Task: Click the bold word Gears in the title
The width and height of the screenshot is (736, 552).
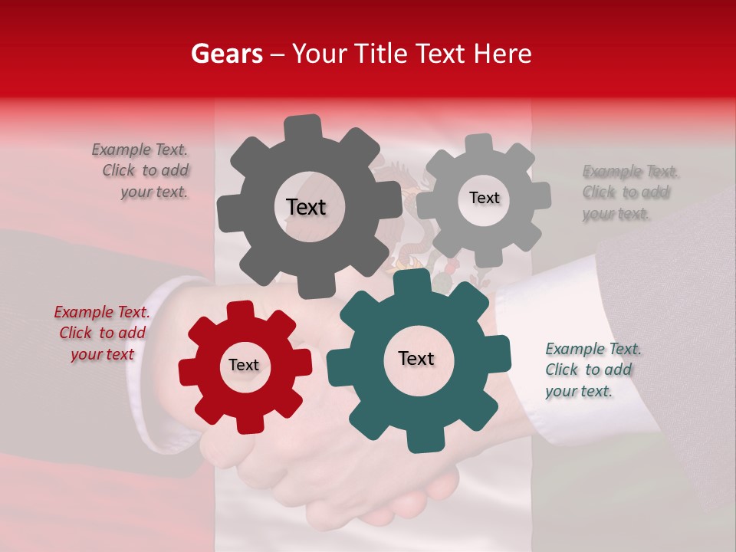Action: click(x=226, y=54)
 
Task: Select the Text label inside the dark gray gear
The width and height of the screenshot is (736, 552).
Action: click(x=306, y=207)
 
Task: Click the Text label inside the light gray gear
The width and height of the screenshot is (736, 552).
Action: click(x=484, y=198)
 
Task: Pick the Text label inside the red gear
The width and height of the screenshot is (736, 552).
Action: click(x=244, y=365)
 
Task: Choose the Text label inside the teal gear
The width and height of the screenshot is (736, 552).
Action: click(x=416, y=358)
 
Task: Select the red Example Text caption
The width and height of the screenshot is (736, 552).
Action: click(x=102, y=333)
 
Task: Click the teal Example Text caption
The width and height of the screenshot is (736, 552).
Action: click(x=593, y=370)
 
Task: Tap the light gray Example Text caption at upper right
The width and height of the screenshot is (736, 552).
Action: click(x=629, y=192)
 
